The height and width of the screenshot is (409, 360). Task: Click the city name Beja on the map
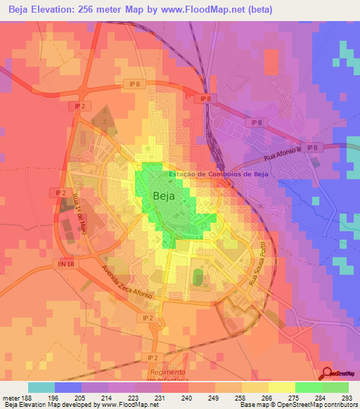165,197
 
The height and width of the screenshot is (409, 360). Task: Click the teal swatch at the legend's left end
41,387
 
